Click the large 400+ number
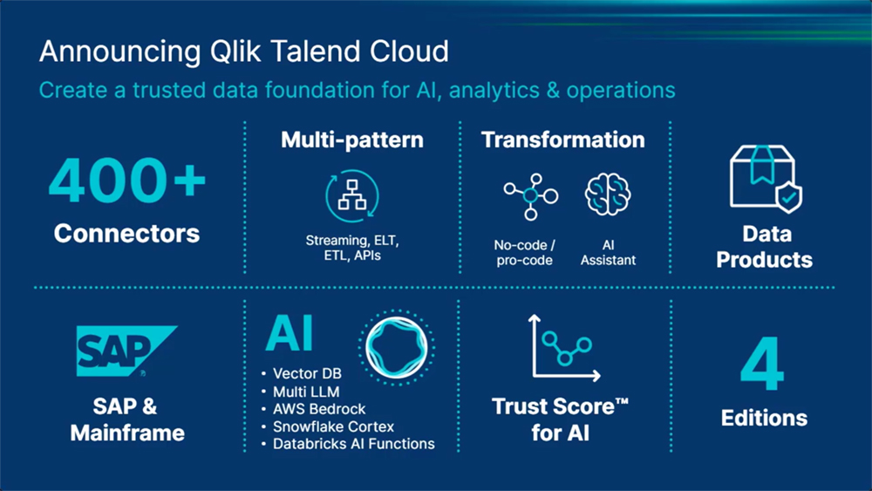point(126,180)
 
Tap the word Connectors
point(126,234)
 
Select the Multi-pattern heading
point(352,140)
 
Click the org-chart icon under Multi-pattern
point(352,195)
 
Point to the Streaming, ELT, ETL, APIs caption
point(352,248)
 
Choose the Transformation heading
point(562,140)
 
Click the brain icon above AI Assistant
point(607,194)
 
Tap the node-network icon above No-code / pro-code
point(531,196)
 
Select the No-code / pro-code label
point(524,252)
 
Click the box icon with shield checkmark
point(766,179)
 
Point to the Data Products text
point(765,247)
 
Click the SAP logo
point(126,351)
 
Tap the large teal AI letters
point(290,333)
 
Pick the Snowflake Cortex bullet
point(328,426)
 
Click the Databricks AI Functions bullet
point(348,444)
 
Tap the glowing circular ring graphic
point(397,324)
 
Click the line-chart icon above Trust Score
point(564,347)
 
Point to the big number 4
point(762,364)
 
